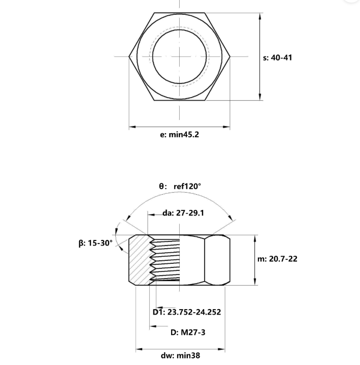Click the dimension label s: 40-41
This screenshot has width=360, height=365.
click(278, 57)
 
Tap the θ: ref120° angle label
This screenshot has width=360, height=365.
click(180, 186)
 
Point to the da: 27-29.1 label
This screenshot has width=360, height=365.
click(183, 213)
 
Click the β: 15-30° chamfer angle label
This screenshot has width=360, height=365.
click(96, 243)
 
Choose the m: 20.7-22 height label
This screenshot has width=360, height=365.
click(277, 259)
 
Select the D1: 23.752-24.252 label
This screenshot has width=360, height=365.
click(187, 312)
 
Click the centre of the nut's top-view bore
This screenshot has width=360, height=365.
click(179, 56)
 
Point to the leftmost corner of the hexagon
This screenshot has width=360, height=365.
click(129, 56)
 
